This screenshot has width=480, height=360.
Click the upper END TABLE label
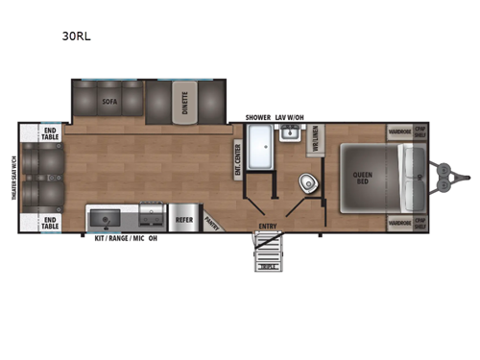coord(51,133)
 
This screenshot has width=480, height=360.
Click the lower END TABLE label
coord(51,224)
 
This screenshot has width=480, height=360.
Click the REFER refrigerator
coord(185,219)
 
